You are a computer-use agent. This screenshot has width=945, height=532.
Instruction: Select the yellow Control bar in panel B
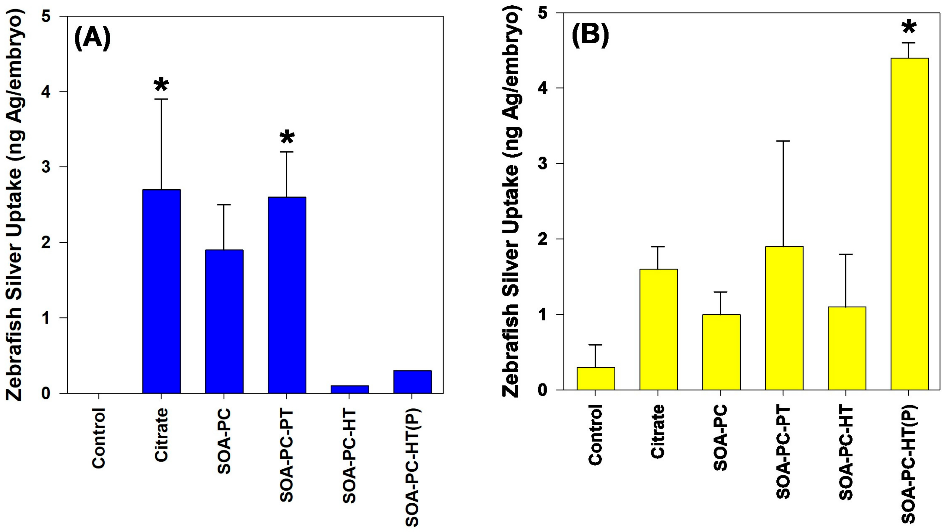(x=595, y=378)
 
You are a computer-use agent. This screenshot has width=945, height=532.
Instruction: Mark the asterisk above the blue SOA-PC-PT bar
(x=287, y=138)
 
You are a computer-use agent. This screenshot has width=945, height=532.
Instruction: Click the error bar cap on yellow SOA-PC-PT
(x=784, y=141)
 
